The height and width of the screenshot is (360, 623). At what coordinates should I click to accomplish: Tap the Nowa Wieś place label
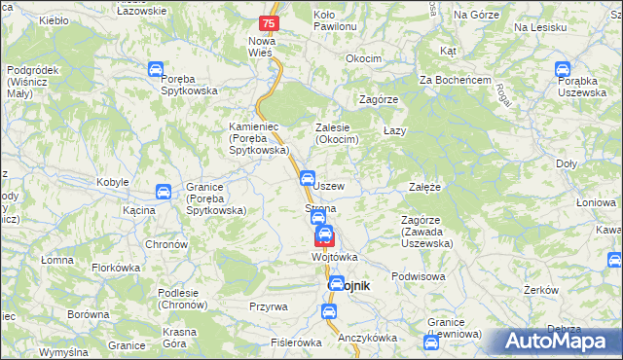click(262, 47)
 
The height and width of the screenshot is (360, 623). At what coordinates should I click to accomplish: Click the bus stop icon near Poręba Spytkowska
click(155, 70)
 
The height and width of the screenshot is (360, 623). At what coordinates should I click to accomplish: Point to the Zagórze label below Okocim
click(379, 100)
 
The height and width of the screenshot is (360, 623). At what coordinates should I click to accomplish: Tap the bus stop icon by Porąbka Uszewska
click(562, 70)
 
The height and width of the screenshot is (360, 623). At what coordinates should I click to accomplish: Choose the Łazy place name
click(394, 130)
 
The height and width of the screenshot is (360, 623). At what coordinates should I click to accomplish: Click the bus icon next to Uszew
click(307, 178)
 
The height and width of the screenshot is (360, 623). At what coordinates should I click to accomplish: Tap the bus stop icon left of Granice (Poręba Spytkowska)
click(164, 193)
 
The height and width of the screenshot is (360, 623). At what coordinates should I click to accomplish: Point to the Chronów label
click(165, 244)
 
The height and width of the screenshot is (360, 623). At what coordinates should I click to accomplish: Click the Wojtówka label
click(334, 257)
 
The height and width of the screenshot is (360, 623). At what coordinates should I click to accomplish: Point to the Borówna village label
click(89, 315)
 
